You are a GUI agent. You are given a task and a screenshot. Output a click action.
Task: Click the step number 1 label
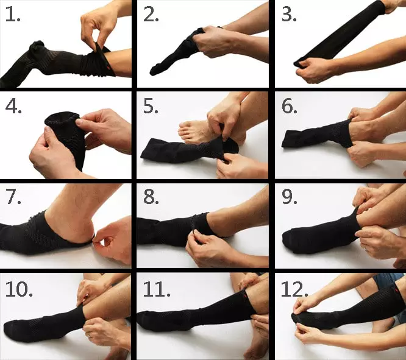[x=12, y=15]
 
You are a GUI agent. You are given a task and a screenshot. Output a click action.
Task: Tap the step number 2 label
[x=151, y=15]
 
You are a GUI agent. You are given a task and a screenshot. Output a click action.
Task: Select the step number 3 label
[x=289, y=15]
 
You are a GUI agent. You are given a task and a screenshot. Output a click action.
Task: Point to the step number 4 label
[x=13, y=107]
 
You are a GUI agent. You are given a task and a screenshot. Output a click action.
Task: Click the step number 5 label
[x=151, y=107]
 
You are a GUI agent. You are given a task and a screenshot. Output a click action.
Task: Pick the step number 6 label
[x=290, y=107]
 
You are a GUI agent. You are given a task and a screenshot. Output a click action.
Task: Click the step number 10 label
[x=19, y=289]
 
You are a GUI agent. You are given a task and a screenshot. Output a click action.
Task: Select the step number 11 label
[x=157, y=289]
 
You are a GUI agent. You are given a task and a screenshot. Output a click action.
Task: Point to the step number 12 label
[x=294, y=289]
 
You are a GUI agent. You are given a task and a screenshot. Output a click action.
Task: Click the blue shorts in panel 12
[x=386, y=280]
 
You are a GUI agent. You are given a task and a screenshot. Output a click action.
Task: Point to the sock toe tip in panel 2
[x=153, y=72]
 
